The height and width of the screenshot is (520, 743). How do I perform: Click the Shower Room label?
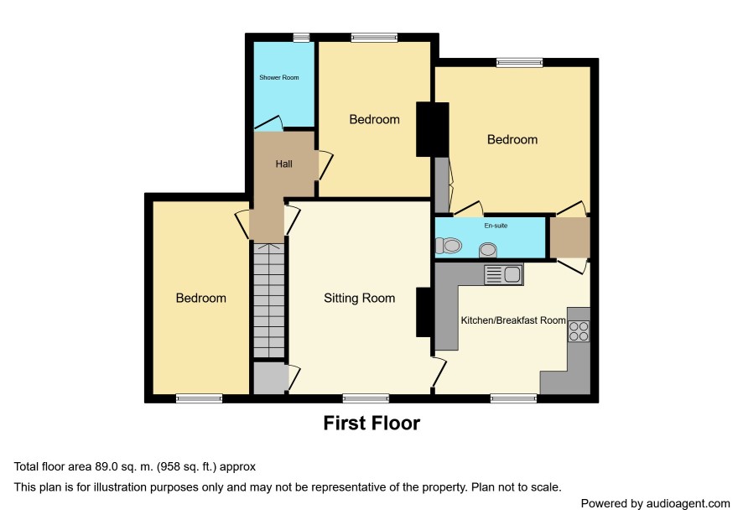279,77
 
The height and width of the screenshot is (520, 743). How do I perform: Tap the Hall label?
283,164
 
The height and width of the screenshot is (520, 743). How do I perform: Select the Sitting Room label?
359,298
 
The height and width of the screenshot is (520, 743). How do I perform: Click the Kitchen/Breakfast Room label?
513,320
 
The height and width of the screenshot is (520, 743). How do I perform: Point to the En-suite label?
496,226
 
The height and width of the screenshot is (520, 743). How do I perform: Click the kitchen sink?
503,275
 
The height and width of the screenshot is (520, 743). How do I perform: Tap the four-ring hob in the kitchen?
579,331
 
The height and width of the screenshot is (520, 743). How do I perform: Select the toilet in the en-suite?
448,246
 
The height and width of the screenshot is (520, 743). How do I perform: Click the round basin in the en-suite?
487,250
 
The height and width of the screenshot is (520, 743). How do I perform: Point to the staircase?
269,300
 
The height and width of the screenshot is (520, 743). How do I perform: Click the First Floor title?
371,424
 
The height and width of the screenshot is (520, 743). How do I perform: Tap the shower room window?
301,38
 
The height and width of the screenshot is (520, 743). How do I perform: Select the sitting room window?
366,398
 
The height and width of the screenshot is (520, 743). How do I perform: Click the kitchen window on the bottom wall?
514,398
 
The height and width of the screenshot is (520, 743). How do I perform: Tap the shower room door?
269,122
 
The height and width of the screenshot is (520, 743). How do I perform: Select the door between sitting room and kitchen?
439,372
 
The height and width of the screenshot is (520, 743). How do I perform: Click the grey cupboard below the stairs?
271,378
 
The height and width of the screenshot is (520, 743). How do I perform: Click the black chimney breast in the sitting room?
423,312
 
